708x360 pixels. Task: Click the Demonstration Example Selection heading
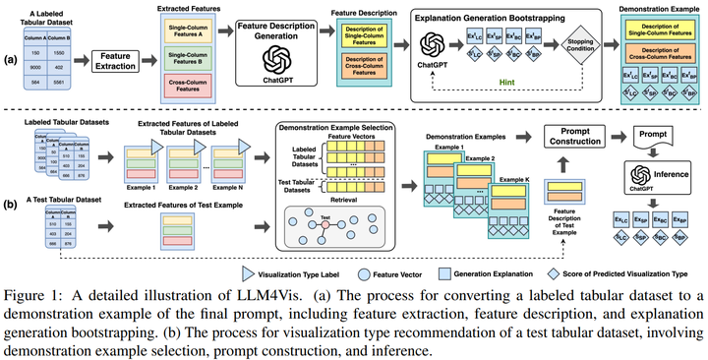click(337, 128)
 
